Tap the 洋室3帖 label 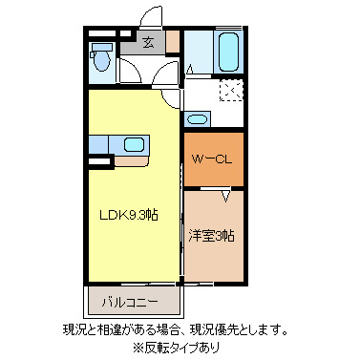(x=211, y=235)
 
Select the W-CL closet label (x=213, y=159)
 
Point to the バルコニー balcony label (x=130, y=303)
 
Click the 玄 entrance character (x=149, y=41)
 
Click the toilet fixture (x=101, y=58)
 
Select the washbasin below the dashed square (x=196, y=119)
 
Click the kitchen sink (x=134, y=145)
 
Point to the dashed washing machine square (x=229, y=91)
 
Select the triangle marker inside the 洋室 (x=226, y=197)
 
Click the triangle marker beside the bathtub (x=190, y=69)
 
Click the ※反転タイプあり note (x=182, y=348)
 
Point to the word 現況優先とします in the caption (x=242, y=330)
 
